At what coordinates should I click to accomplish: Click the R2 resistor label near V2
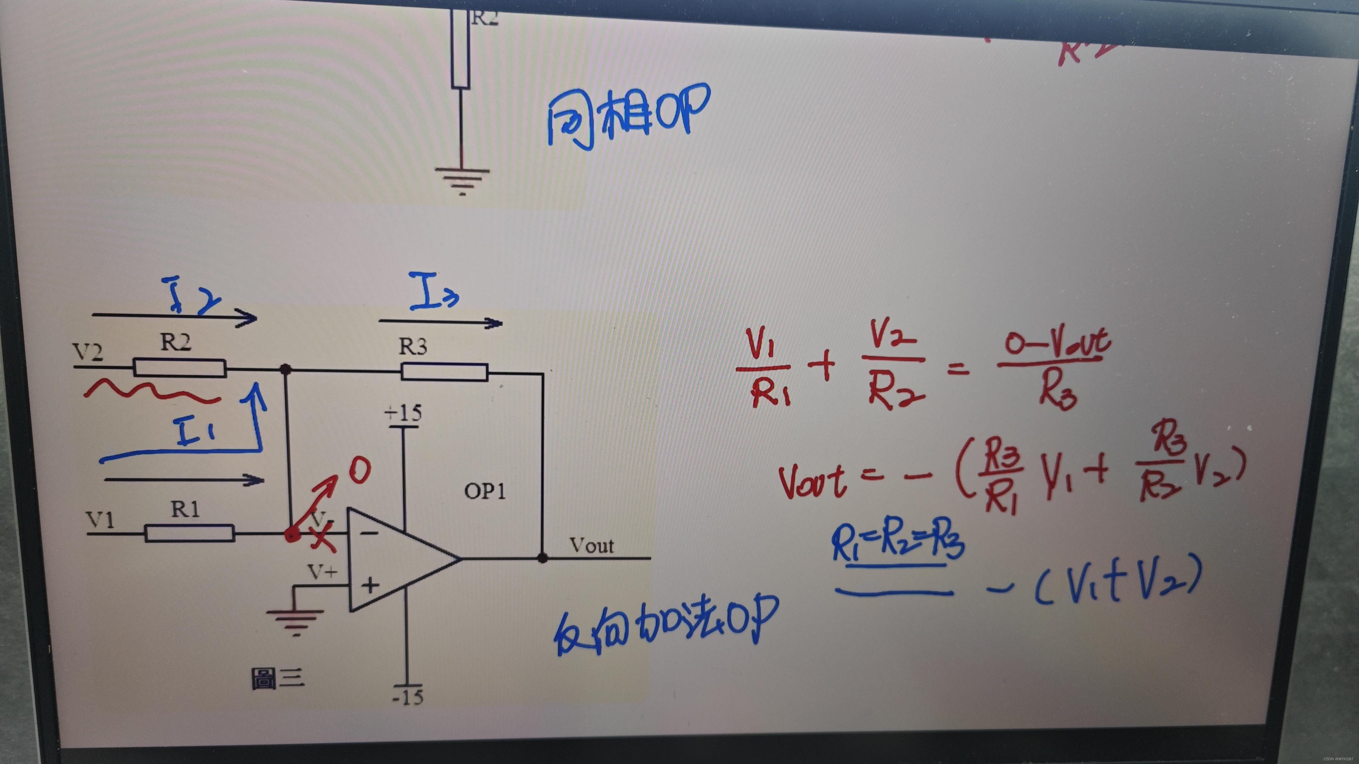(x=176, y=343)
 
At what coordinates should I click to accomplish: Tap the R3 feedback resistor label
(x=412, y=347)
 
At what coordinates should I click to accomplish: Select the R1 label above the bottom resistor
(x=185, y=509)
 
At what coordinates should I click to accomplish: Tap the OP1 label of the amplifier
(x=484, y=491)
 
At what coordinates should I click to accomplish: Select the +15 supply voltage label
(x=403, y=412)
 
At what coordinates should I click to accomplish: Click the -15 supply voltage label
(x=408, y=697)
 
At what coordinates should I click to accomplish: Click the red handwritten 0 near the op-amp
(x=359, y=470)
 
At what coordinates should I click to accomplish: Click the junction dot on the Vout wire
(x=542, y=558)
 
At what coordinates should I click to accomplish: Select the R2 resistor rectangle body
(x=179, y=367)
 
